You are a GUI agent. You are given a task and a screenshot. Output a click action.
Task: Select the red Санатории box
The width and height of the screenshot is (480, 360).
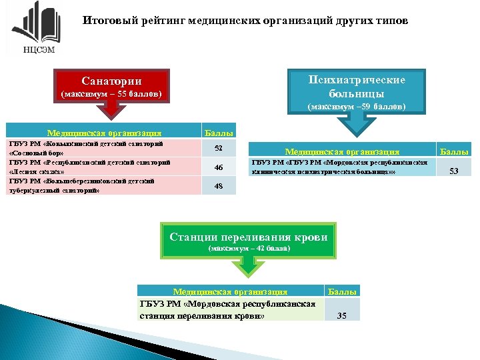[x=111, y=87]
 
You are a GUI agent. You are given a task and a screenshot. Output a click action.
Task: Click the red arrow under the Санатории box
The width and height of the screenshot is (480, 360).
[x=111, y=115]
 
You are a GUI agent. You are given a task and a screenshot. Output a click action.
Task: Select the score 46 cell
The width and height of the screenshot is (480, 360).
[x=218, y=167]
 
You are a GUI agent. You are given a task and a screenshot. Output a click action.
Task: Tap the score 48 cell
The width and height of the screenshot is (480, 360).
[x=218, y=186]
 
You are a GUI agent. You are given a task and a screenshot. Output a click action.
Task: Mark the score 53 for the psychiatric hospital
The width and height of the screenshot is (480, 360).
[x=453, y=171]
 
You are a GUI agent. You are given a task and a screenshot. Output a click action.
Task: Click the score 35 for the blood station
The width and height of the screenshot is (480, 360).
[x=341, y=315]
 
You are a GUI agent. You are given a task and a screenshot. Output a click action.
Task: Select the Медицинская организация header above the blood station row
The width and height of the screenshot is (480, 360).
[x=230, y=291]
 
